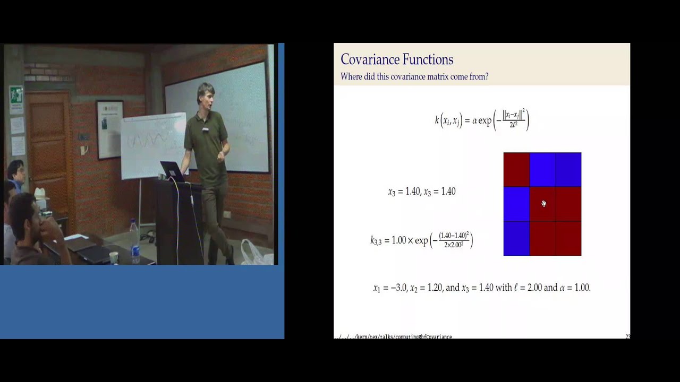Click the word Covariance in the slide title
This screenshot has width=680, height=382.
pos(370,59)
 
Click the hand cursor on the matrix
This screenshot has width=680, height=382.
pos(543,203)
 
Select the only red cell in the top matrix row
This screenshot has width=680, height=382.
pos(516,169)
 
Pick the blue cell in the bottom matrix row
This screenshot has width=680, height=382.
pos(516,238)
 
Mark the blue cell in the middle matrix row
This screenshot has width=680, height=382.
pos(516,204)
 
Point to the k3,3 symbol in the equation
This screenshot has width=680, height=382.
pos(376,240)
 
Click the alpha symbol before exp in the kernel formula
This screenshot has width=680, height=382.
pos(475,120)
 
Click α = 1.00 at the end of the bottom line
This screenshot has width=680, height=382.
pos(575,288)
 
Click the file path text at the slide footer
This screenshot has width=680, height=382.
pos(393,336)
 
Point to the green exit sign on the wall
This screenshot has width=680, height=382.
pos(16,96)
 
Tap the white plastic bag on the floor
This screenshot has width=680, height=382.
pos(253,252)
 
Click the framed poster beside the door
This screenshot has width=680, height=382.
pos(109,129)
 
